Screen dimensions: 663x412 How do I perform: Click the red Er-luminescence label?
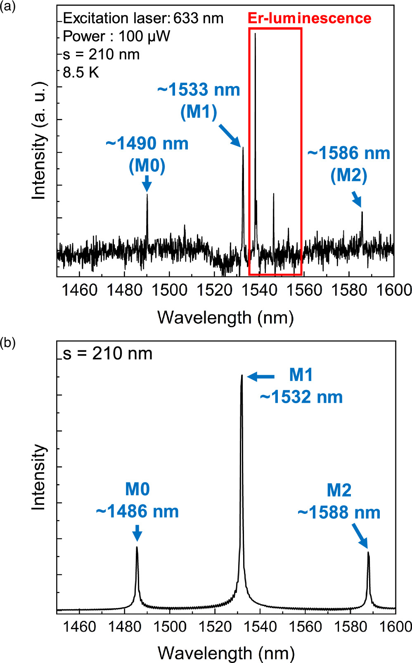(x=309, y=18)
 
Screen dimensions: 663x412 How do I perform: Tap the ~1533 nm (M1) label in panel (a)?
(x=199, y=100)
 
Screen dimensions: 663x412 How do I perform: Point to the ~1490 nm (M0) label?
(x=147, y=154)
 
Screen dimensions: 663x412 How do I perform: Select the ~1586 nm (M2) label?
(x=349, y=164)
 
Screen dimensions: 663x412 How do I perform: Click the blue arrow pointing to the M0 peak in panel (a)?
(x=147, y=184)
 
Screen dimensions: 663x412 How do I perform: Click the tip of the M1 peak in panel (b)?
(x=242, y=375)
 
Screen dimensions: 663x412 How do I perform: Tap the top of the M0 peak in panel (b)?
(x=137, y=547)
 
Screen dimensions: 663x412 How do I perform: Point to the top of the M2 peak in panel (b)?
(x=368, y=552)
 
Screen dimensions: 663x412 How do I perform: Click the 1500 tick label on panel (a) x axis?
(x=169, y=290)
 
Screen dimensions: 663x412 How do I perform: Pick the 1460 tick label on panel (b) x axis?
(x=80, y=627)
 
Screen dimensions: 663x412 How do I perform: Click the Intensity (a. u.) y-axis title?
(x=39, y=140)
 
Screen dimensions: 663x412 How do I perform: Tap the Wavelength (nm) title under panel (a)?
(x=225, y=318)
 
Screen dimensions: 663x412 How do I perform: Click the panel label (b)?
(x=8, y=343)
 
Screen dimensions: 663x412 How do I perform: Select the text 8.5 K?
(x=81, y=73)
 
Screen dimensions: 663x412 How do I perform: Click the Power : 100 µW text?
(x=116, y=36)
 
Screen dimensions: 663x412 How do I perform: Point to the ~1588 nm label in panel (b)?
(x=339, y=513)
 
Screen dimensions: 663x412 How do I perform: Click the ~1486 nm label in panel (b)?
(x=137, y=511)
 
